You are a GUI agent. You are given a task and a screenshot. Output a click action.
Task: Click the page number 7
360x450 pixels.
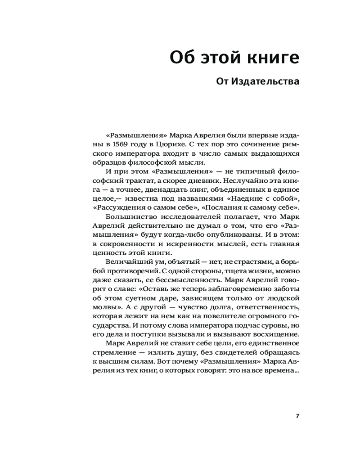click(x=297, y=415)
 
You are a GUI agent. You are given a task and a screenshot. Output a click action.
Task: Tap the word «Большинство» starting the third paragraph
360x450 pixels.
click(x=126, y=216)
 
